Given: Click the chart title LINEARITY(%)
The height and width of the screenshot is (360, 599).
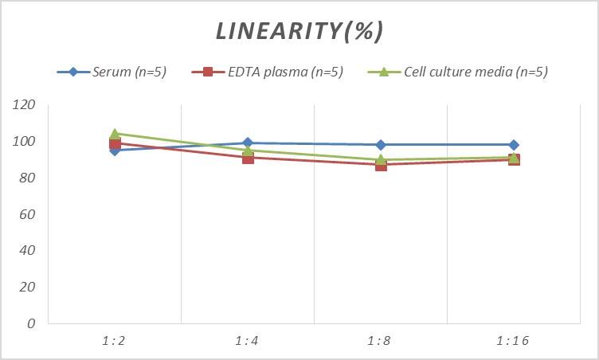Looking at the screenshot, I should pos(299,31).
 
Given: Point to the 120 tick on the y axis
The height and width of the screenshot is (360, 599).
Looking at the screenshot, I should pos(25,105).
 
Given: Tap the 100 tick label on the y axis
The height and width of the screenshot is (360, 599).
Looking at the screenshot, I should pos(25,142).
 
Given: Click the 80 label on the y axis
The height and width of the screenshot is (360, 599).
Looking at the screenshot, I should pos(28,178).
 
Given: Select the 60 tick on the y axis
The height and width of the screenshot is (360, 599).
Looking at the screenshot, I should pos(28,214).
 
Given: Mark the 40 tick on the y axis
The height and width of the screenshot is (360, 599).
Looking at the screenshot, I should pos(28,250).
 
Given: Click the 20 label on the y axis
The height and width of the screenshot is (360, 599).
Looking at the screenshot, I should pos(28,287).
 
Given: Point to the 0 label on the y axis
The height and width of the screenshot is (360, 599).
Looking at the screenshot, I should pos(31,323).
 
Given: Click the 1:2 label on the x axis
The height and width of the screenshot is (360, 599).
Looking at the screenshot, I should pos(115,341).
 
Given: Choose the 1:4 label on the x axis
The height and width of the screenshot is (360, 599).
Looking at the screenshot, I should pos(248,341).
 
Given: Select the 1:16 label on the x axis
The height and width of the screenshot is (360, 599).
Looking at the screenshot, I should pos(513,341).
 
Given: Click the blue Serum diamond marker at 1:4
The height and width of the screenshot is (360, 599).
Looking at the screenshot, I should pos(248,143).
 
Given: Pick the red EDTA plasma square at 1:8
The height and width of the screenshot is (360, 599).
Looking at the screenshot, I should pos(381,165).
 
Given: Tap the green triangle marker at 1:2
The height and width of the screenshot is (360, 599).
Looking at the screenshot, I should pos(115,134).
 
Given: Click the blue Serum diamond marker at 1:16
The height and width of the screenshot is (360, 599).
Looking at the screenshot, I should pos(514,145).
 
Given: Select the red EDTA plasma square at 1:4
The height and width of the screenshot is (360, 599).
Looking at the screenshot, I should pos(248,158).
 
